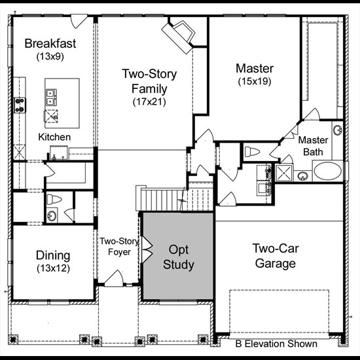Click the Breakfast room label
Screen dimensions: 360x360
coord(50,43)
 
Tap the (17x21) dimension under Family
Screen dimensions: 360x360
coord(149,101)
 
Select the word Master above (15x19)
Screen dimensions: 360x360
coord(255,69)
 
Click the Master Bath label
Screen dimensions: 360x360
coord(313,146)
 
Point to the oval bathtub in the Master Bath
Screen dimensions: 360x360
coord(327,171)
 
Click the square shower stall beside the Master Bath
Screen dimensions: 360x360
coord(284,173)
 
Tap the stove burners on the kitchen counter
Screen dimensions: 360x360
coord(20,105)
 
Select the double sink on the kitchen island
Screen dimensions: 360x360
coord(51,98)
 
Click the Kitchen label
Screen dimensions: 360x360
coord(54,137)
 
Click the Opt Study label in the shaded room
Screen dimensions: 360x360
coord(179,257)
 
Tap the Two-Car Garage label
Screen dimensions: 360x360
coord(276,256)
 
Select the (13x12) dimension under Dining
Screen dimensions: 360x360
coord(53,268)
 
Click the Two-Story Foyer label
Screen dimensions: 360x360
coord(119,247)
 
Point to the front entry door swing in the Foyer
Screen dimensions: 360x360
coord(114,278)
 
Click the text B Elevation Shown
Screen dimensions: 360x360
coord(276,344)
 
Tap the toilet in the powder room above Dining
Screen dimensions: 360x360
coord(54,199)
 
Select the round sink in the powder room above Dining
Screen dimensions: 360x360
coord(52,215)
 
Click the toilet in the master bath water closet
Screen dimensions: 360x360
coord(252,152)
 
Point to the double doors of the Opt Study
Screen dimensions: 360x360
coord(147,249)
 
